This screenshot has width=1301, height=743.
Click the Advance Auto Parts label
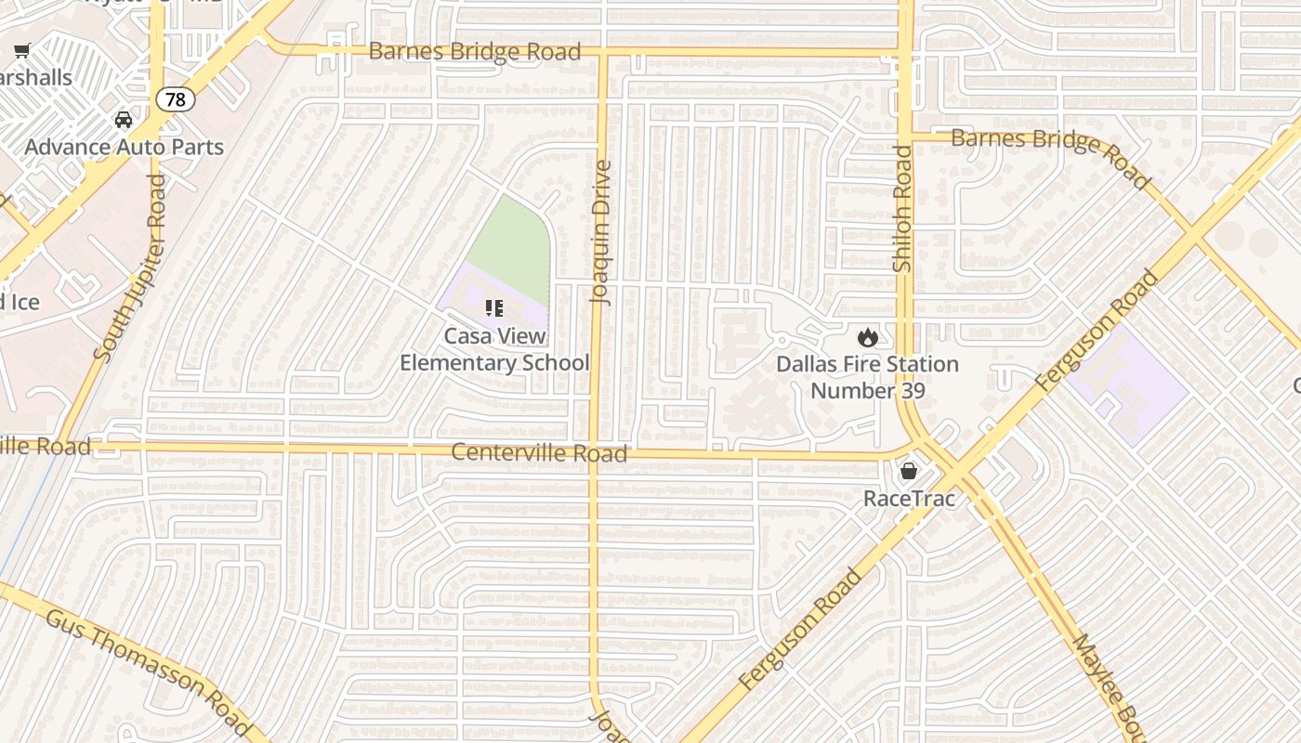coord(124,147)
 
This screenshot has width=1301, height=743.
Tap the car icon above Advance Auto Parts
coord(123,120)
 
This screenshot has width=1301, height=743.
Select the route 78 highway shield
coord(175,98)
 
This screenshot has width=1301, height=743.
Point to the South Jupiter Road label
coord(130,267)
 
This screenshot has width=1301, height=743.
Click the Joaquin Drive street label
coord(602,233)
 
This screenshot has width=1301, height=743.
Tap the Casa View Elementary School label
coord(494,349)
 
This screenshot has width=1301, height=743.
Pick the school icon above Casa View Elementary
coord(493,308)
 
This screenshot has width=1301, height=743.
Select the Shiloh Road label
coord(902,209)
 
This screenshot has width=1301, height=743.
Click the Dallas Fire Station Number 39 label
coord(868,376)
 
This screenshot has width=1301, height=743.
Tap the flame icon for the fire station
coord(868,337)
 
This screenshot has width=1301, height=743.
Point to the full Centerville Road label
coord(539,453)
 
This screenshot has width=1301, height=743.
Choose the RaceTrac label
coord(909,499)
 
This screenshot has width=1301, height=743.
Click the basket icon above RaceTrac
coord(909,472)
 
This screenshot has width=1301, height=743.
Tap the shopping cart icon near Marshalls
coord(22,51)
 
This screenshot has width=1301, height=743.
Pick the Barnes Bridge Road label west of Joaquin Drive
coord(474,51)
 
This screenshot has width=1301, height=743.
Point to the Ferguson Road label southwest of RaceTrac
coord(801,630)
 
